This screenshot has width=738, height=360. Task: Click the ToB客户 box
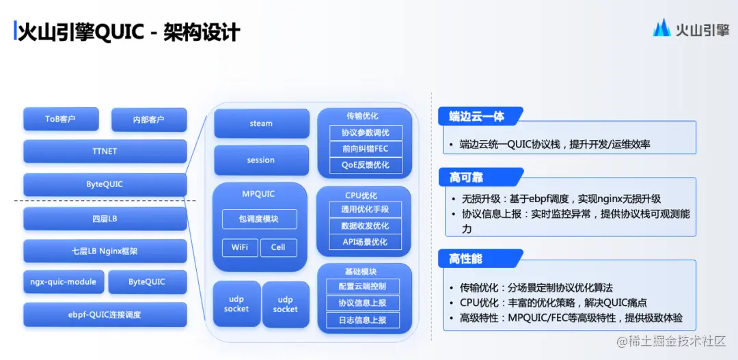pyautogui.click(x=61, y=119)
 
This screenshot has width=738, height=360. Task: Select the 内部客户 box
pyautogui.click(x=148, y=120)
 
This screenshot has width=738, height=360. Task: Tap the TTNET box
pyautogui.click(x=105, y=151)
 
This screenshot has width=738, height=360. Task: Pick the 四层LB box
pyautogui.click(x=105, y=219)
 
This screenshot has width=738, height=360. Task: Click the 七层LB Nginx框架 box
pyautogui.click(x=105, y=251)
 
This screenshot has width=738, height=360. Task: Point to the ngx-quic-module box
pyautogui.click(x=64, y=281)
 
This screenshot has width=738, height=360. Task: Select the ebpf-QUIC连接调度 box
pyautogui.click(x=105, y=314)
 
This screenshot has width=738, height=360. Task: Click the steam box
pyautogui.click(x=261, y=124)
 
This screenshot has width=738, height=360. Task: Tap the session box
pyautogui.click(x=261, y=160)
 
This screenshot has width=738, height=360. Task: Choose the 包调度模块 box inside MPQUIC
pyautogui.click(x=259, y=219)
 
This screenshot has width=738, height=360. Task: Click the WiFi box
pyautogui.click(x=239, y=247)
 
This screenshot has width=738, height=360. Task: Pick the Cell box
pyautogui.click(x=278, y=247)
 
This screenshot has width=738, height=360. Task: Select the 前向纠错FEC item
pyautogui.click(x=365, y=149)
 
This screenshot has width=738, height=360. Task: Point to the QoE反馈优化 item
pyautogui.click(x=365, y=165)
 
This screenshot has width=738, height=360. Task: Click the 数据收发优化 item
pyautogui.click(x=365, y=225)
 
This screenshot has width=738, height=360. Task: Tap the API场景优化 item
pyautogui.click(x=365, y=242)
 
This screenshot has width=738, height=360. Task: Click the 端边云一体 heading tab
pyautogui.click(x=478, y=116)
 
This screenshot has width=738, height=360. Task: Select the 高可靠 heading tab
pyautogui.click(x=467, y=178)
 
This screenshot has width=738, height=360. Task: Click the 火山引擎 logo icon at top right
pyautogui.click(x=661, y=29)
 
